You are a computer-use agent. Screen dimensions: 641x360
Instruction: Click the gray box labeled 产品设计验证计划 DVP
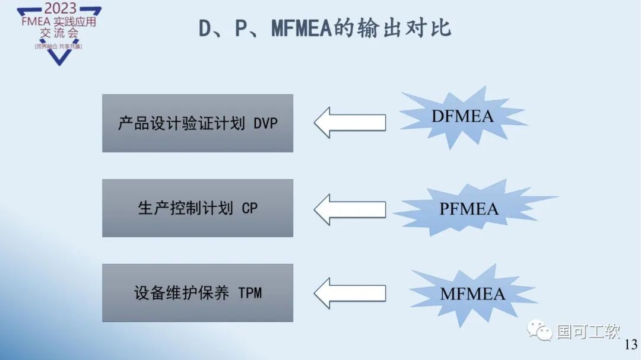(x=198, y=123)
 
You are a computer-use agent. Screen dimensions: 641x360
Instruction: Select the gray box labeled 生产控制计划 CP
(x=198, y=208)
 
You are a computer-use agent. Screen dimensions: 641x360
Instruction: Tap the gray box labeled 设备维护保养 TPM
(x=198, y=293)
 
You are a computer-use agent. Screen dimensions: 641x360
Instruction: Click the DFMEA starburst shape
(x=462, y=116)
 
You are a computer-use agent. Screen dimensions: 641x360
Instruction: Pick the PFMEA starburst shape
(x=469, y=209)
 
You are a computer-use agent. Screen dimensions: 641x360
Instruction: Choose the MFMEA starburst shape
(x=472, y=294)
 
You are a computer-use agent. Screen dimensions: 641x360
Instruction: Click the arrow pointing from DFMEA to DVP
(x=349, y=123)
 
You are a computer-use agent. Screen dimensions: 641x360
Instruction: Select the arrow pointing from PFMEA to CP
(x=349, y=209)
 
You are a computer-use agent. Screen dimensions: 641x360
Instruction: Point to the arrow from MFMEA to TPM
(x=349, y=293)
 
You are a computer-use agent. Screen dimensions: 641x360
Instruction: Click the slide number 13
(x=631, y=345)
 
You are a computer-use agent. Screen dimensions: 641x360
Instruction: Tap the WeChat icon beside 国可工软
(x=541, y=331)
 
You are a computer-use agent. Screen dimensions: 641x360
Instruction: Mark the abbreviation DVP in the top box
(x=265, y=124)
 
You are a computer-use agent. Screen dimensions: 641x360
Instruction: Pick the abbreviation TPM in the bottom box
(x=250, y=294)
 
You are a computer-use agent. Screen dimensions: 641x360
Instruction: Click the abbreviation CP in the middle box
(x=249, y=209)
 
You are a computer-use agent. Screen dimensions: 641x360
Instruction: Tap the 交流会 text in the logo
(x=59, y=33)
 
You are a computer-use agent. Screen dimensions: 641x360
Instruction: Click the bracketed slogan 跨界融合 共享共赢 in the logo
(x=59, y=46)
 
